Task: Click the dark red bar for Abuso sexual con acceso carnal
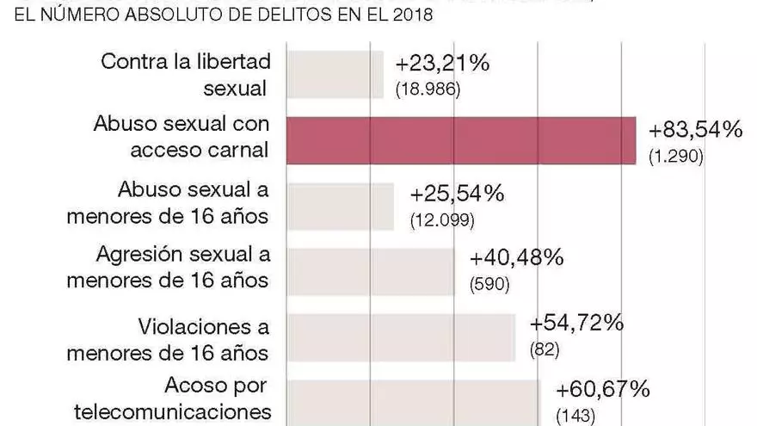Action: [460, 140]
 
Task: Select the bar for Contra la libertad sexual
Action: [335, 75]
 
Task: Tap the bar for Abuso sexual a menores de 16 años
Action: [340, 207]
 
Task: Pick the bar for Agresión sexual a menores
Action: [370, 272]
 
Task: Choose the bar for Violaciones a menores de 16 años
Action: [400, 337]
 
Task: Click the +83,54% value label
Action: [695, 131]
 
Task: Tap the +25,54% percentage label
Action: [457, 194]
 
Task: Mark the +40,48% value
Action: [517, 258]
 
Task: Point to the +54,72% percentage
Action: [576, 324]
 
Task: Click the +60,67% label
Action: [603, 390]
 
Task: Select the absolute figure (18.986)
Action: [428, 90]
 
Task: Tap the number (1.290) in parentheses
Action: [676, 157]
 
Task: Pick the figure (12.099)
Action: [442, 220]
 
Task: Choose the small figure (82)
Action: [545, 350]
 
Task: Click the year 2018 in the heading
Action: [409, 15]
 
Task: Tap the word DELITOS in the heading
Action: [282, 15]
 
